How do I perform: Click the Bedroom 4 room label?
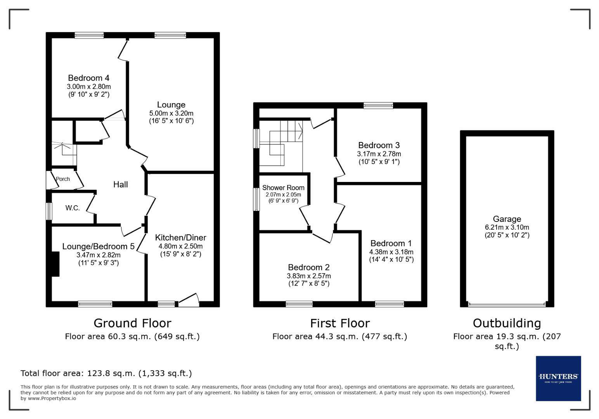tap(88, 78)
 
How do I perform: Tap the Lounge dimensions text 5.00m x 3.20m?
tap(171, 113)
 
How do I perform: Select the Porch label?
tap(63, 179)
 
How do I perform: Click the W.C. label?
tap(73, 208)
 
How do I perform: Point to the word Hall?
tap(120, 184)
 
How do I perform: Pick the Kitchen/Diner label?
tap(180, 237)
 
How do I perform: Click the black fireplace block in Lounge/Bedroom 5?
tap(55, 264)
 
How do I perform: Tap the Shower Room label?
tap(283, 187)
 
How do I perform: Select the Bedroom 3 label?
tap(379, 145)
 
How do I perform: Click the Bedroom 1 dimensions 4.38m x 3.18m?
tap(391, 252)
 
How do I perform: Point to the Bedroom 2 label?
tap(308, 267)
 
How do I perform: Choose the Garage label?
tap(507, 219)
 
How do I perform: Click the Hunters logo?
tap(558, 378)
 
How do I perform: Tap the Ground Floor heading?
tap(132, 323)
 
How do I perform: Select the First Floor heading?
tap(340, 323)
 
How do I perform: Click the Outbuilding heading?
tap(507, 323)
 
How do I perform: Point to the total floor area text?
tap(106, 373)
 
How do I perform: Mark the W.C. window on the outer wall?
tap(48, 211)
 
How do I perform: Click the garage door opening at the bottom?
tap(507, 304)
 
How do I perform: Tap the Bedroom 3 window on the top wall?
tap(378, 106)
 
